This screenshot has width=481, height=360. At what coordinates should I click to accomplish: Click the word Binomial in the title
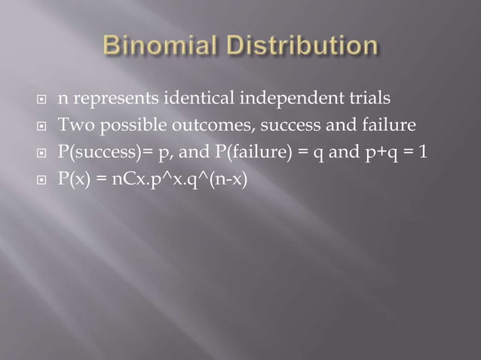[155, 47]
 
